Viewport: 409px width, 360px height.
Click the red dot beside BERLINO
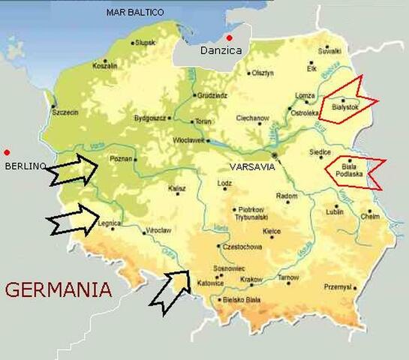point(7,151)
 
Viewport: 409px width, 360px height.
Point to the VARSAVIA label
point(249,166)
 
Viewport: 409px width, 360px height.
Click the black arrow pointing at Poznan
point(72,170)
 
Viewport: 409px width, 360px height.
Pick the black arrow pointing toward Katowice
point(170,290)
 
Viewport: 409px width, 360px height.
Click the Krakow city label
point(251,279)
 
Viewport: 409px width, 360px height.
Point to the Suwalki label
point(330,51)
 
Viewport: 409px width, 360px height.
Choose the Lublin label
point(335,212)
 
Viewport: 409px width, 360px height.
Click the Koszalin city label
point(104,66)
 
